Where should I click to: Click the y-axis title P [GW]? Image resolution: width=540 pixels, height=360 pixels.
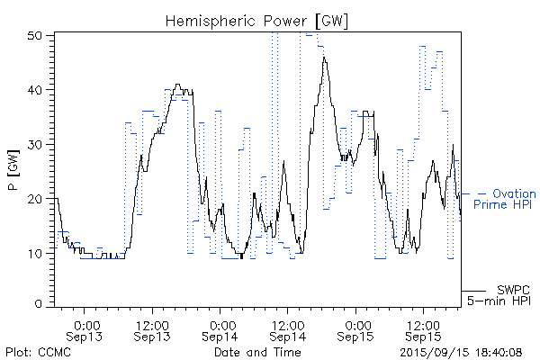tap(13, 170)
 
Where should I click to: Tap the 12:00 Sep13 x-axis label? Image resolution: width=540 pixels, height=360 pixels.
tap(152, 329)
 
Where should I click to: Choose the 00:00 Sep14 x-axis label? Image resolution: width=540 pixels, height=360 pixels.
tap(220, 329)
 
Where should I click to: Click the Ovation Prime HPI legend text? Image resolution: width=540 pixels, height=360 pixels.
tap(506, 199)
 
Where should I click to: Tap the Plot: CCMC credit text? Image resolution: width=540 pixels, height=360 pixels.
tap(33, 351)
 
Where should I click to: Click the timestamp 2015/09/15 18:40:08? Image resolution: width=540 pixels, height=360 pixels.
tap(460, 351)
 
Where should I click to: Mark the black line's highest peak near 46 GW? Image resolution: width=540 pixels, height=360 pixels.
tap(324, 58)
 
